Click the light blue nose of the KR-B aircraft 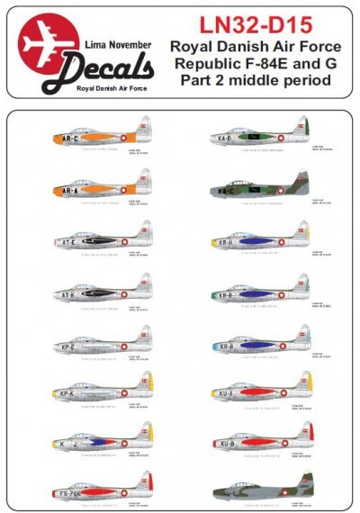tap(208, 346)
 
